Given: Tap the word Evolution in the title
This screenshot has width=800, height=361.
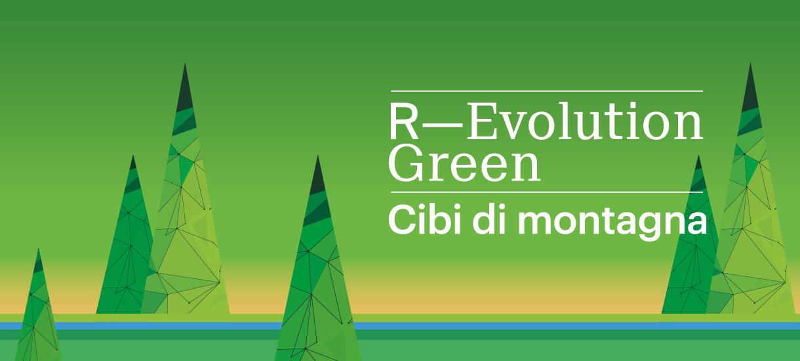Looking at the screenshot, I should (x=584, y=123).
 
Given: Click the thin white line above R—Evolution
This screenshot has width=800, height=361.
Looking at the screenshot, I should (x=546, y=91).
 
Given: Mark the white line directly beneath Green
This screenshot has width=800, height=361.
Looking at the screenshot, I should (x=546, y=192).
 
